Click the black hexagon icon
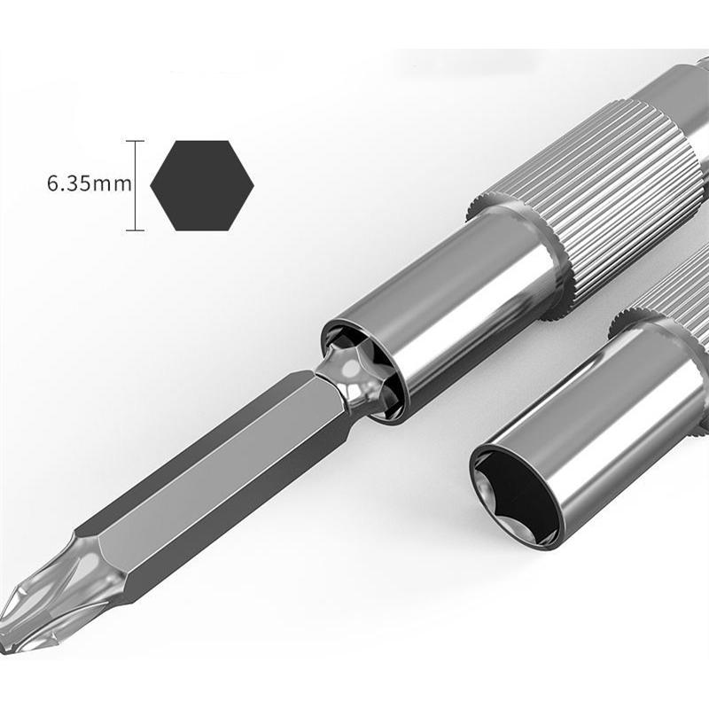(202, 185)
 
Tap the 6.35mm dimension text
(90, 184)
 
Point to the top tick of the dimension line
(136, 141)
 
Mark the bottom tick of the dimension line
(136, 230)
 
